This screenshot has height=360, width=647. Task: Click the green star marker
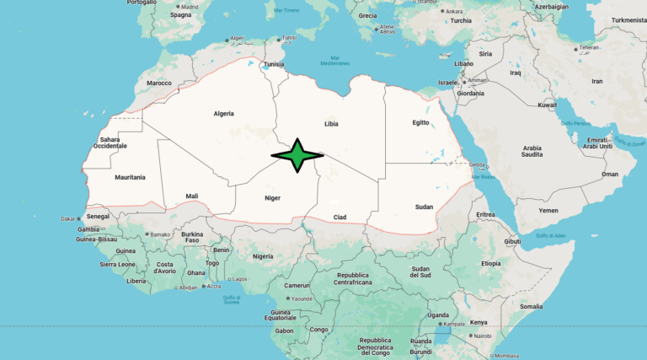(297, 155)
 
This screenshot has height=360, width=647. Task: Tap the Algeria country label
(223, 113)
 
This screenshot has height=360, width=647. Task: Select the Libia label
(331, 123)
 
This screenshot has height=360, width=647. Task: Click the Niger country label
(273, 197)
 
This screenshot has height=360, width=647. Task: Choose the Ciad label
(340, 217)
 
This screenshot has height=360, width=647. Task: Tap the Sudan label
(424, 207)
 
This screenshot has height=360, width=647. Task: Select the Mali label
(192, 196)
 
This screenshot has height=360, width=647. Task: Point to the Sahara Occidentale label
(110, 142)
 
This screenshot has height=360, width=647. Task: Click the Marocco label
(159, 83)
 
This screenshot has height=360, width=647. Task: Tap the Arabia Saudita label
(532, 152)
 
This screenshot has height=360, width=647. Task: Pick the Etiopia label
(490, 263)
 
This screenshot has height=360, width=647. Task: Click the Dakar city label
(68, 219)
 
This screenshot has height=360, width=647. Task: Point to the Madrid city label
(190, 7)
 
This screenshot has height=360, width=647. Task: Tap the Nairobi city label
(483, 336)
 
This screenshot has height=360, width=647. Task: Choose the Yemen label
(548, 210)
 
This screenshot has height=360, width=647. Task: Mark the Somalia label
(532, 306)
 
